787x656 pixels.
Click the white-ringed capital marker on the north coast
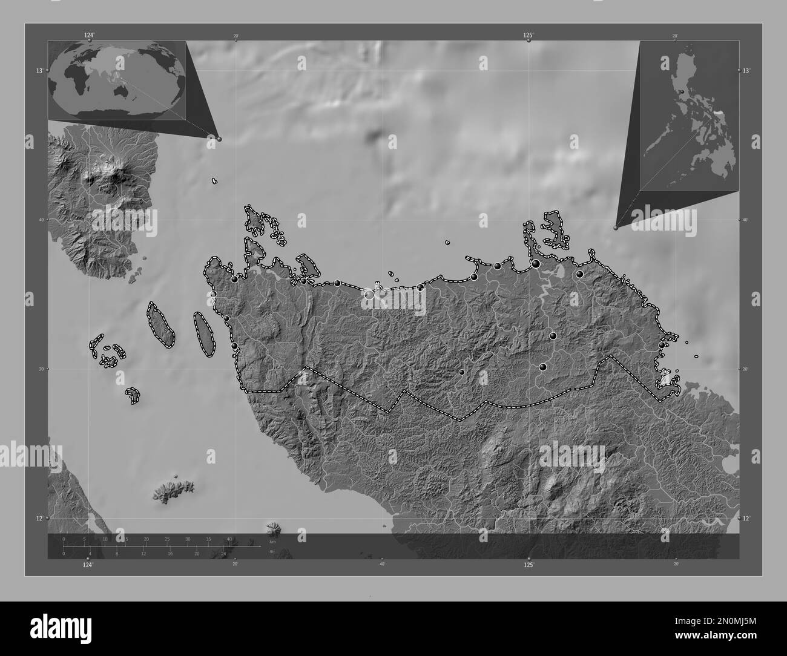coord(369,295)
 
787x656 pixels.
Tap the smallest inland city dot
coord(462,372)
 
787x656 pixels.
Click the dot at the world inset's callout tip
coord(219,139)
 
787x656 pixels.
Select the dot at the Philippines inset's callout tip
coord(616,228)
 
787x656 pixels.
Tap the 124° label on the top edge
coord(90,35)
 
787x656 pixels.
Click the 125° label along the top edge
coord(529,35)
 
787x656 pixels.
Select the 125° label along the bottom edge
coord(529,564)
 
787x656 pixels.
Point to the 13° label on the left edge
coord(39,71)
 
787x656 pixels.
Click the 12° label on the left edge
coord(39,519)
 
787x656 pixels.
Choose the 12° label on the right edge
coord(746,519)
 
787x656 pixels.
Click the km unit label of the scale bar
coord(272,542)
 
